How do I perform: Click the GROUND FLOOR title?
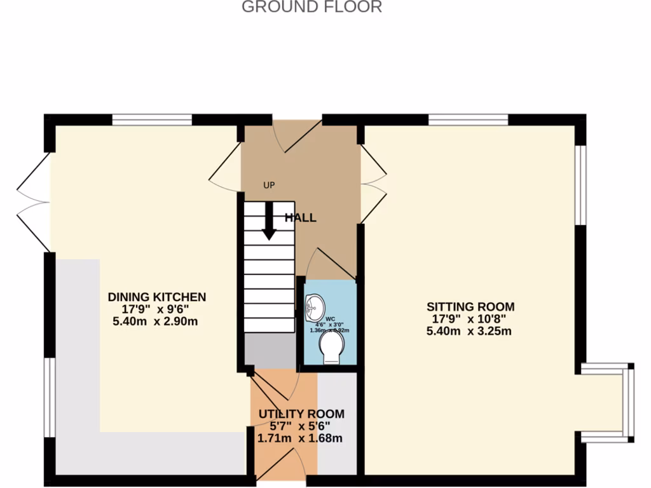(312, 8)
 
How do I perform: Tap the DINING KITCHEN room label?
(156, 297)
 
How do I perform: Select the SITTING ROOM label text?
(470, 306)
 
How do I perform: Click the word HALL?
(300, 218)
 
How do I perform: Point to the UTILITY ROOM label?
(301, 414)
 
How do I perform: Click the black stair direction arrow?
(269, 221)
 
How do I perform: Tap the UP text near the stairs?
(270, 186)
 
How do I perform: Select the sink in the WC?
(313, 308)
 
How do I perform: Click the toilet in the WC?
(332, 348)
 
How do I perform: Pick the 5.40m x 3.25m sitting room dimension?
(470, 331)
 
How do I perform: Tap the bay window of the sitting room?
(627, 403)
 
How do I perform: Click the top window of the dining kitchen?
(152, 119)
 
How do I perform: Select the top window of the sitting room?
(468, 119)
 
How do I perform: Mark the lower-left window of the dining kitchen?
(48, 397)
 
